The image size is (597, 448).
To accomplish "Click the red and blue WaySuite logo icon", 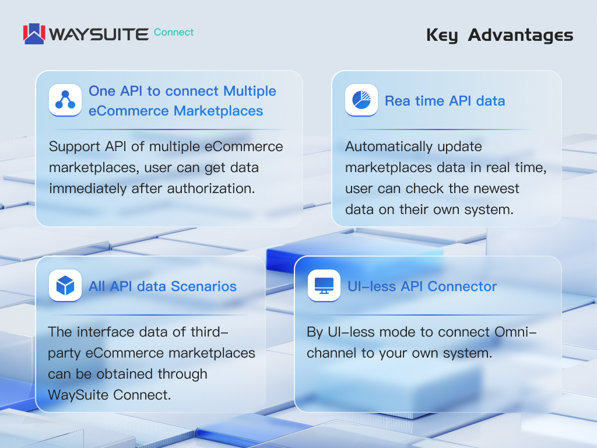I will tap(34, 34).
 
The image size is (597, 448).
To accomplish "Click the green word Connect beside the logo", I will tap(174, 32).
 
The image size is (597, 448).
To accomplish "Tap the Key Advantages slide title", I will tap(500, 35).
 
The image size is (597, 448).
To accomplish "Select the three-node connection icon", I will tap(65, 101).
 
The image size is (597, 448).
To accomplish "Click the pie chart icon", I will tap(361, 101).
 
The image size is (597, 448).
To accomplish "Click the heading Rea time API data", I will tap(444, 101).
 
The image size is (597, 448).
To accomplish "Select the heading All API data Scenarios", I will tap(163, 286).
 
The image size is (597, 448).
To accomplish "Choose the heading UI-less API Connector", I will tap(422, 286).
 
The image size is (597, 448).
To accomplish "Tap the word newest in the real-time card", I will tap(488, 188).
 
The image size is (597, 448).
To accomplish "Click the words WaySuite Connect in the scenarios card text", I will tap(109, 394).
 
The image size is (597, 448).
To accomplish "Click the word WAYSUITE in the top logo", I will tap(99, 34).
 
